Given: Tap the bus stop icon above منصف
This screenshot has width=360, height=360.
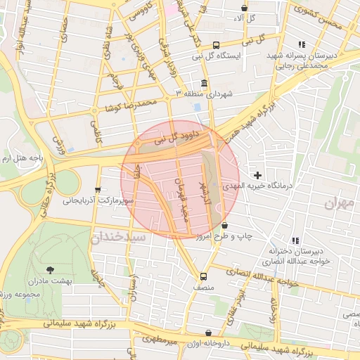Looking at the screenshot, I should click(203, 276).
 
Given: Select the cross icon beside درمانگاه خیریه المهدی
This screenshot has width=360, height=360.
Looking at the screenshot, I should click(258, 174).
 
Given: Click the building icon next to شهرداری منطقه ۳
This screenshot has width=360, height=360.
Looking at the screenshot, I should click(204, 83).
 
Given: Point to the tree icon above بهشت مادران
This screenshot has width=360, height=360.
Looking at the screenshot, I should click(50, 269).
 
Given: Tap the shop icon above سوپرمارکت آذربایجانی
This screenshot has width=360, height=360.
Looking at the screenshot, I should click(98, 190).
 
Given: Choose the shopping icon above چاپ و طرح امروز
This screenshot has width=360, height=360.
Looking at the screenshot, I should click(224, 226).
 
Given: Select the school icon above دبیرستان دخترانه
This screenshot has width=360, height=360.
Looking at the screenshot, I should click(295, 240).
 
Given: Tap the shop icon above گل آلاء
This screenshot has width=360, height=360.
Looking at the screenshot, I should click(244, 8).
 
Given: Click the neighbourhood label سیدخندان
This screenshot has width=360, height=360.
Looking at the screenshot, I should click(117, 237).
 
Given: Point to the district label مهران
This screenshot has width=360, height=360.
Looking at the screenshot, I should click(341, 204).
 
